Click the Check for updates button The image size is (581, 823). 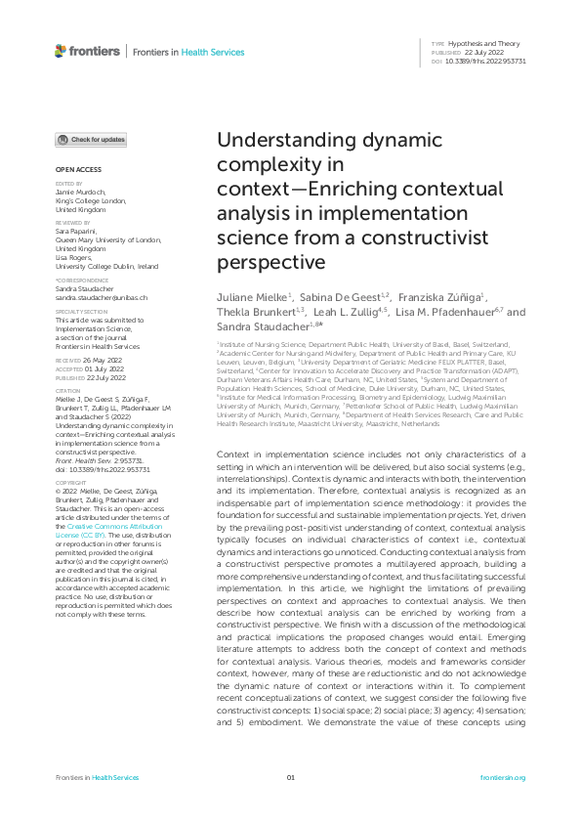coord(91,140)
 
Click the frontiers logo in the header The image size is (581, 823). coord(88,51)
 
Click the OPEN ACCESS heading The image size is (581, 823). coord(71,170)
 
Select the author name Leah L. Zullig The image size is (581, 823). coord(348,312)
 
